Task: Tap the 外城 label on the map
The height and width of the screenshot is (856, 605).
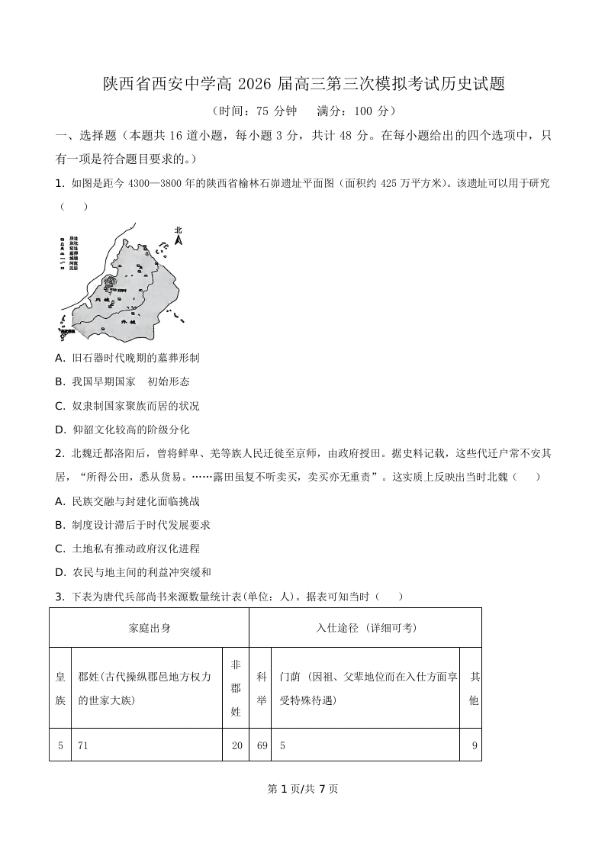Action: coord(127,323)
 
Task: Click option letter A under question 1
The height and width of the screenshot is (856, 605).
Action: coord(60,358)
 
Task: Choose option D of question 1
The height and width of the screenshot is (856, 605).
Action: coord(60,430)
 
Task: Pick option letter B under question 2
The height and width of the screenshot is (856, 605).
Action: coord(60,525)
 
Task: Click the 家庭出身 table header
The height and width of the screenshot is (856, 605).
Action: coord(150,628)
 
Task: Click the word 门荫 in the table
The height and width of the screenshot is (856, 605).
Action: coord(289,677)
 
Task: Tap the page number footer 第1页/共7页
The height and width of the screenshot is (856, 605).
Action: coord(303,789)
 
